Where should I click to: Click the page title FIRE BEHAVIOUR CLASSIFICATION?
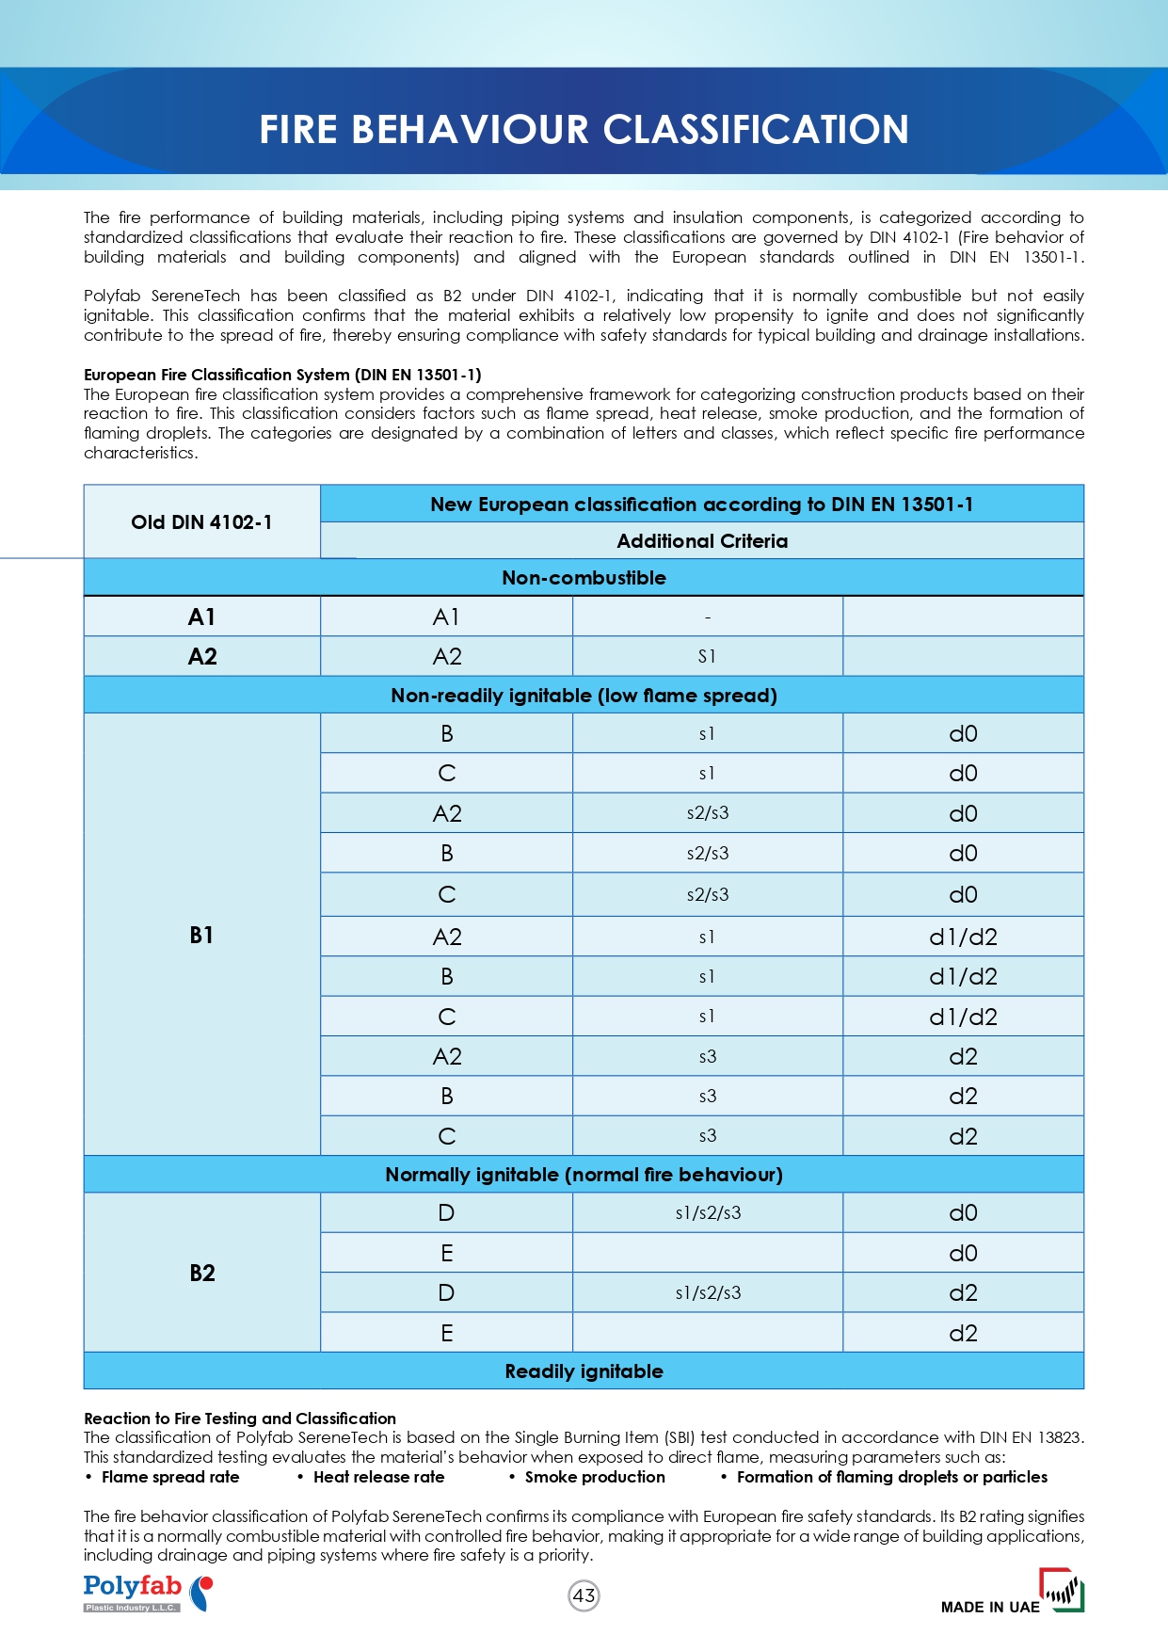[x=584, y=129]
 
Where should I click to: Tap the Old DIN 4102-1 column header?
[x=201, y=522]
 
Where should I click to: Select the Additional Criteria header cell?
[x=702, y=541]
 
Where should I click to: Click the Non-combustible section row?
[x=584, y=578]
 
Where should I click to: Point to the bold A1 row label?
[x=201, y=617]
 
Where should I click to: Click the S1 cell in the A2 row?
[x=707, y=657]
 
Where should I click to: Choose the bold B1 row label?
[x=201, y=935]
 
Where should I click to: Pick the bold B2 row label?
[x=201, y=1273]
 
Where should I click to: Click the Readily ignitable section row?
[x=584, y=1371]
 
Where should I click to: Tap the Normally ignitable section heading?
[x=584, y=1175]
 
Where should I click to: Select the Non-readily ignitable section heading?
[x=584, y=696]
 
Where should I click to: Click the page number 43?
[x=584, y=1595]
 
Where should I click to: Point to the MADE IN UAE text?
[x=990, y=1607]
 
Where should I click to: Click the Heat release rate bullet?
[x=378, y=1477]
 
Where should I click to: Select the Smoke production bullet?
[x=595, y=1477]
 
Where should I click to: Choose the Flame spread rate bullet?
[x=170, y=1477]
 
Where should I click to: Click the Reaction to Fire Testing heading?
[x=240, y=1419]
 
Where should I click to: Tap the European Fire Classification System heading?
[x=282, y=375]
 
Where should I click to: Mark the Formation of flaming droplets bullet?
[x=891, y=1477]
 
